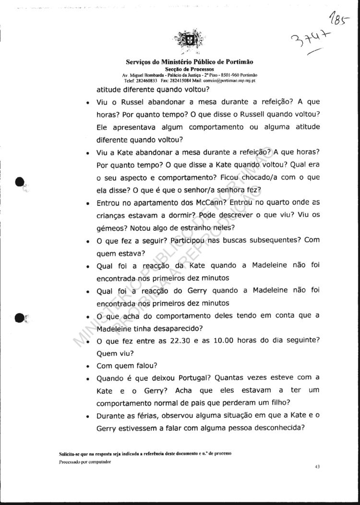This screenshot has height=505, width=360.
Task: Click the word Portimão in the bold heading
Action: [238, 62]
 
